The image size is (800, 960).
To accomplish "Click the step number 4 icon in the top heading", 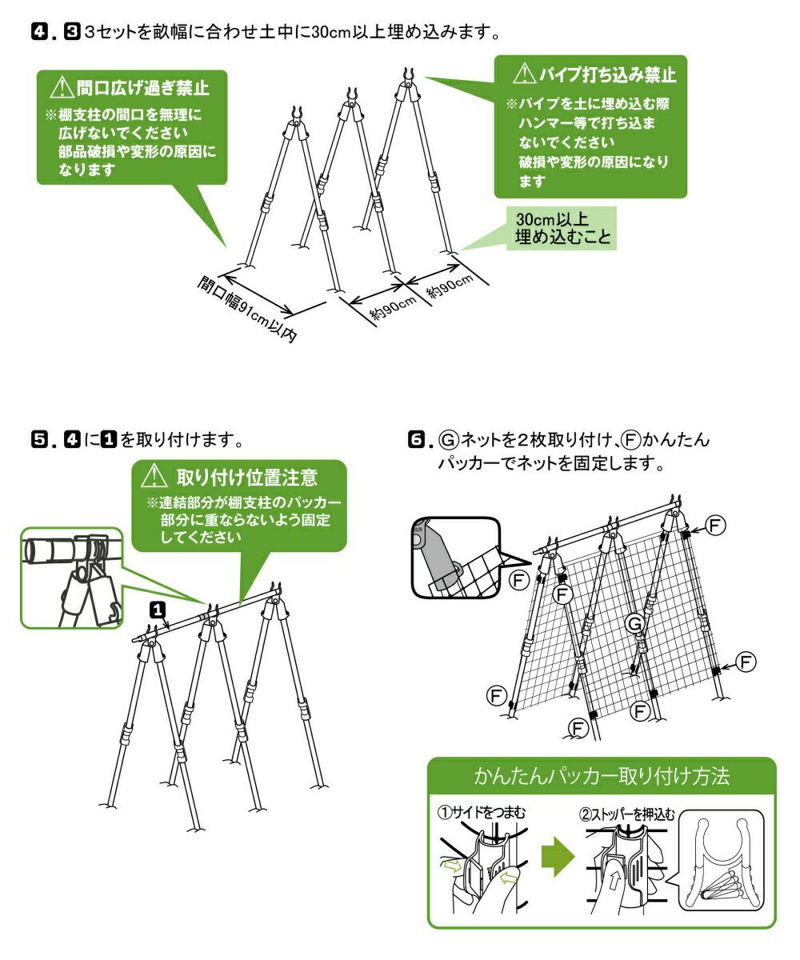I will point(37,34).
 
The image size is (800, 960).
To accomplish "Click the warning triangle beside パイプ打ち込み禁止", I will point(523,75).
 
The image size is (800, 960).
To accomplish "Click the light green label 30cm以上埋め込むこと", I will point(563,228).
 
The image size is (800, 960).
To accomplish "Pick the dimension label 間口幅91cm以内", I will point(247,308).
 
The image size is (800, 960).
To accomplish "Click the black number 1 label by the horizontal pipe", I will point(158,610).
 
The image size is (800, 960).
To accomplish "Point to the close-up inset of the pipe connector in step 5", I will point(72,577).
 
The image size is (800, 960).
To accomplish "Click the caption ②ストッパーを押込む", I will point(627,814).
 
